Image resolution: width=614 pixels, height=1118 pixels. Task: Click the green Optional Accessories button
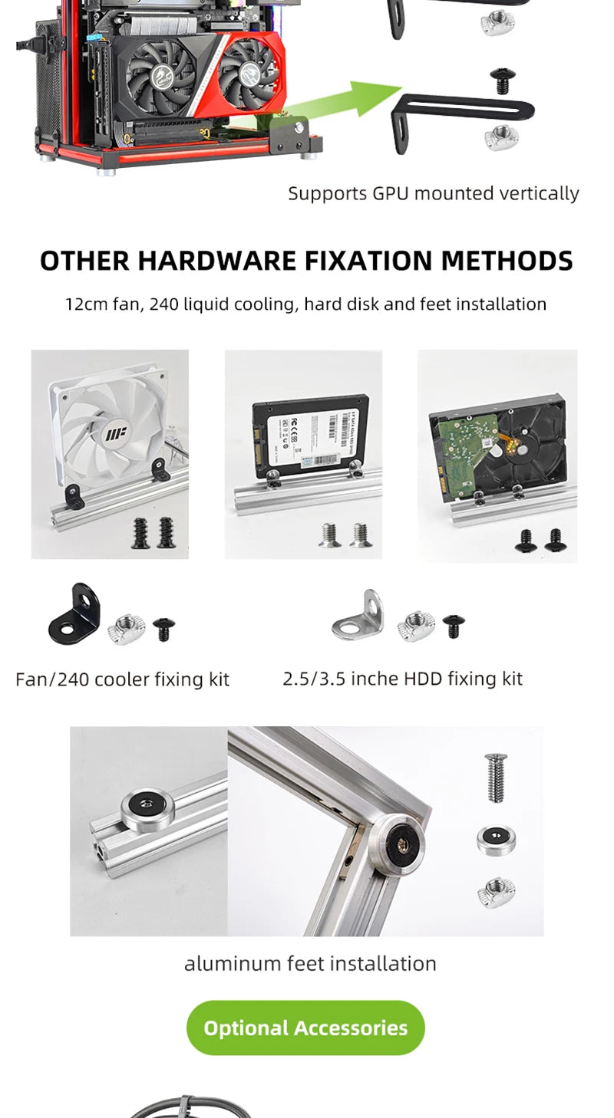pyautogui.click(x=305, y=1028)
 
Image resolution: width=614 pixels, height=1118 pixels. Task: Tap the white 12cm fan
pyautogui.click(x=111, y=433)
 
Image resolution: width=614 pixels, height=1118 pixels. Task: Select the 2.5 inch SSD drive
pyautogui.click(x=311, y=433)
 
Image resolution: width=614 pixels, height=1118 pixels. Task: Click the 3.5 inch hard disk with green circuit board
pyautogui.click(x=497, y=445)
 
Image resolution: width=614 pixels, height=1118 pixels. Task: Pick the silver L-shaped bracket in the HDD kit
pyautogui.click(x=358, y=617)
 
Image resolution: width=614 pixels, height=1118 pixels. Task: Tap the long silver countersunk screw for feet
pyautogui.click(x=495, y=778)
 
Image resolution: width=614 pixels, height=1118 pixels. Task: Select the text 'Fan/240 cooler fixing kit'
pyautogui.click(x=122, y=679)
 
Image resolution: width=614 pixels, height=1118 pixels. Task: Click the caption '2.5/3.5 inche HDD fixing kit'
pyautogui.click(x=402, y=679)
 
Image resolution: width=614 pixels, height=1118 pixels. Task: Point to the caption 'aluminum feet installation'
pyautogui.click(x=310, y=963)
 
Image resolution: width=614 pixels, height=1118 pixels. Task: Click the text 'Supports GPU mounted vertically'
pyautogui.click(x=433, y=193)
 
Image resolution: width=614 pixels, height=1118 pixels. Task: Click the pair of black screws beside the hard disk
pyautogui.click(x=541, y=540)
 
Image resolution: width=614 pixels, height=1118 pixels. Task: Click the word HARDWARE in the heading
pyautogui.click(x=219, y=261)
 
